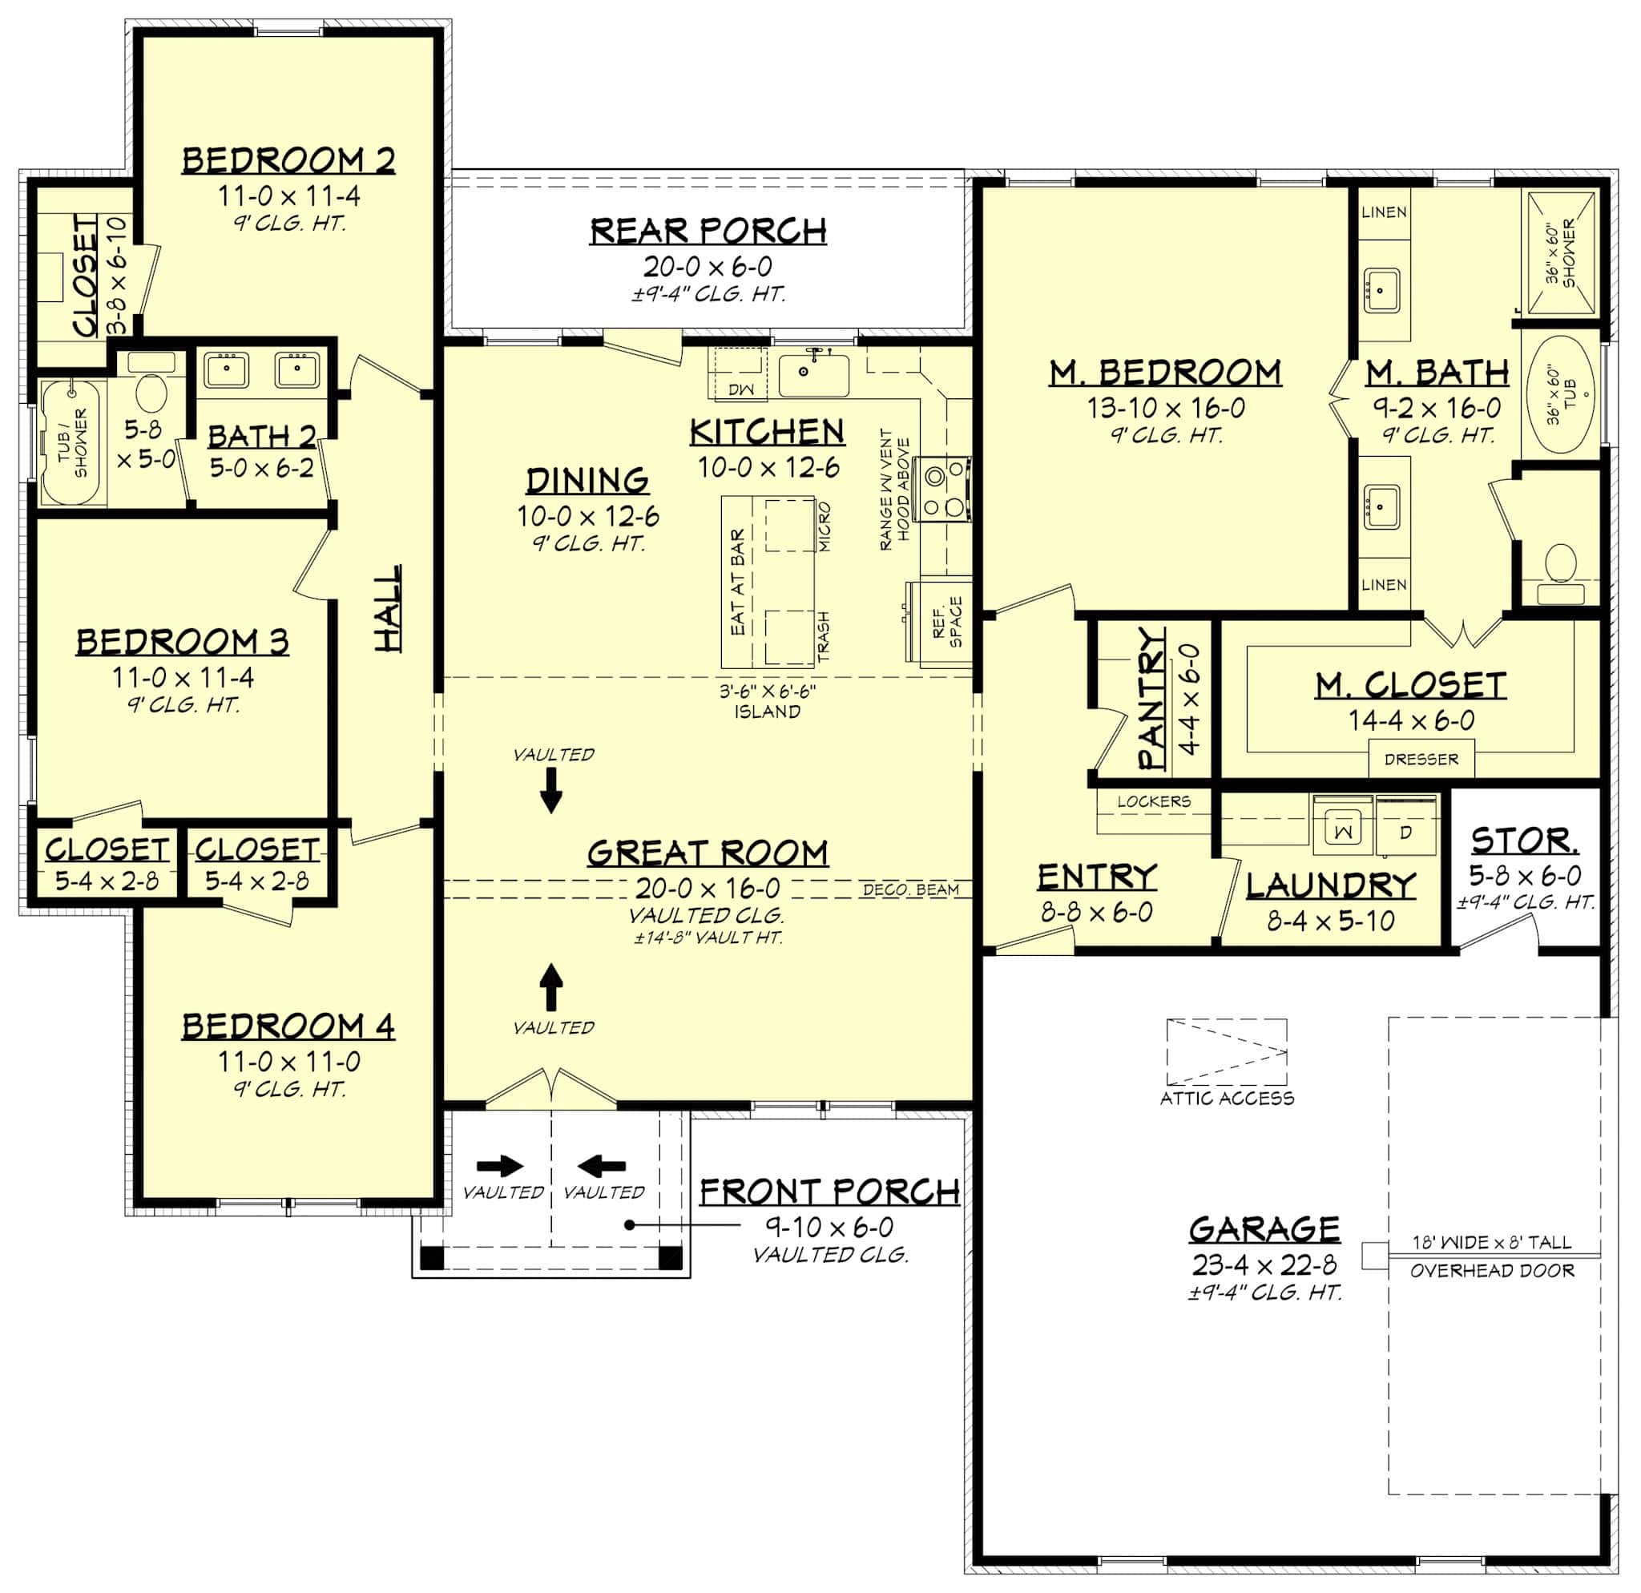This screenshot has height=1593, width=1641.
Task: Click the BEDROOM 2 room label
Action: point(288,160)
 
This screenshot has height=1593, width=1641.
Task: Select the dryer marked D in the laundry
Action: point(1405,830)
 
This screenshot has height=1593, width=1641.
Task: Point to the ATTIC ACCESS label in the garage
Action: point(1227,1099)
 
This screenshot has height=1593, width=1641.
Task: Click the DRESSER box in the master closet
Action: point(1421,760)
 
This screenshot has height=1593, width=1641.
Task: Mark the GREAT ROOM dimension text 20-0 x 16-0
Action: point(708,887)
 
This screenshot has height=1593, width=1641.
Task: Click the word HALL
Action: point(387,607)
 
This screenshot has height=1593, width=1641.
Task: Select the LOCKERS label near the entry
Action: point(1153,801)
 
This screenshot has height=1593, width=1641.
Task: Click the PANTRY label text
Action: point(1152,698)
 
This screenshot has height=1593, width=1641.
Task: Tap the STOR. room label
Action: point(1525,840)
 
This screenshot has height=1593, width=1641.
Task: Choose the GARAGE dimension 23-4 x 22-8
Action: point(1264,1264)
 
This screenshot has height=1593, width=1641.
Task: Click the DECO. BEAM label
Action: point(910,889)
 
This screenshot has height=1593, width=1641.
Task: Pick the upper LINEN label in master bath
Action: point(1383,212)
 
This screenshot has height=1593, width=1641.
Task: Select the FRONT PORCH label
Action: point(829,1192)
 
